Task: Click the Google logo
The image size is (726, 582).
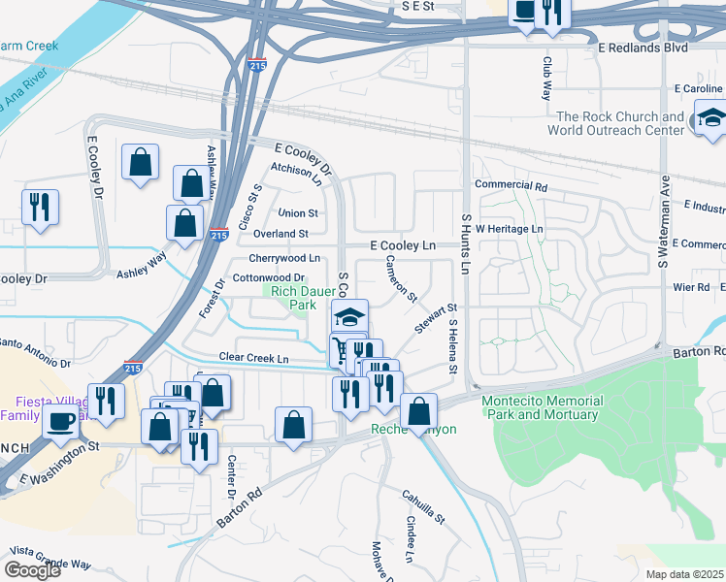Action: tap(32, 570)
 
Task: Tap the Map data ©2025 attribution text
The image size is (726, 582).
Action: tap(683, 574)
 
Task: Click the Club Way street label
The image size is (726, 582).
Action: tap(547, 78)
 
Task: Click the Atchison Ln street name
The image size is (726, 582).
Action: tap(296, 172)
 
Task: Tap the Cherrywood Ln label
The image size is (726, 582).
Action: tap(284, 258)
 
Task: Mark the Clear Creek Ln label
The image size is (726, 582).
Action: tap(254, 359)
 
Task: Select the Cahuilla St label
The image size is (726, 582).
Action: tap(423, 506)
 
